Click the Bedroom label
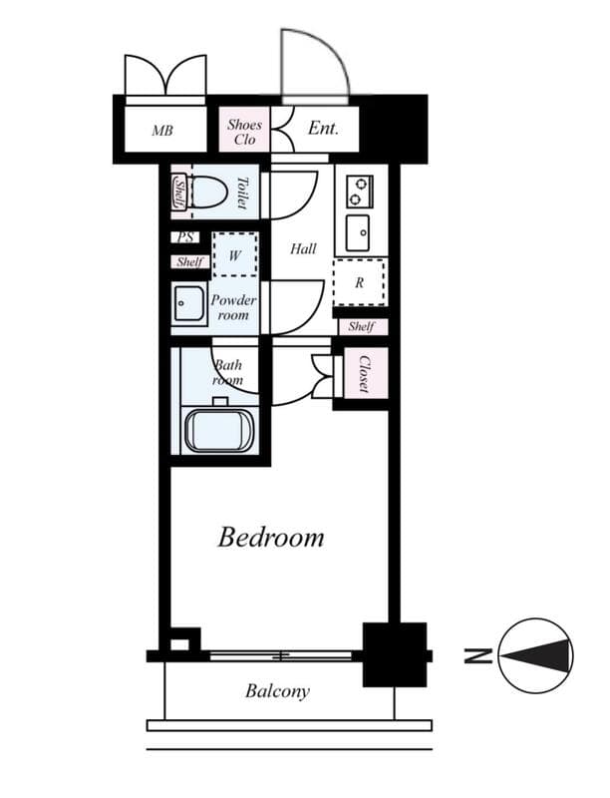(x=271, y=538)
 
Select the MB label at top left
(x=162, y=130)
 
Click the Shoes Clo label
(x=244, y=132)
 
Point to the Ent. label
(x=323, y=129)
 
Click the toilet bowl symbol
(x=207, y=192)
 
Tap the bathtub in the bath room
(x=219, y=430)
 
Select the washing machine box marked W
(x=235, y=255)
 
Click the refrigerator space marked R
(x=359, y=282)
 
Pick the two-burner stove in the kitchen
(x=359, y=190)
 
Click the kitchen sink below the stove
(x=359, y=233)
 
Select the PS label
(x=185, y=238)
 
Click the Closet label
(x=364, y=375)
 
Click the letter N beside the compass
(x=476, y=656)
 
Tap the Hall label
(x=303, y=248)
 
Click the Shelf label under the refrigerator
(x=361, y=326)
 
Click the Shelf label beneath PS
(x=188, y=262)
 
